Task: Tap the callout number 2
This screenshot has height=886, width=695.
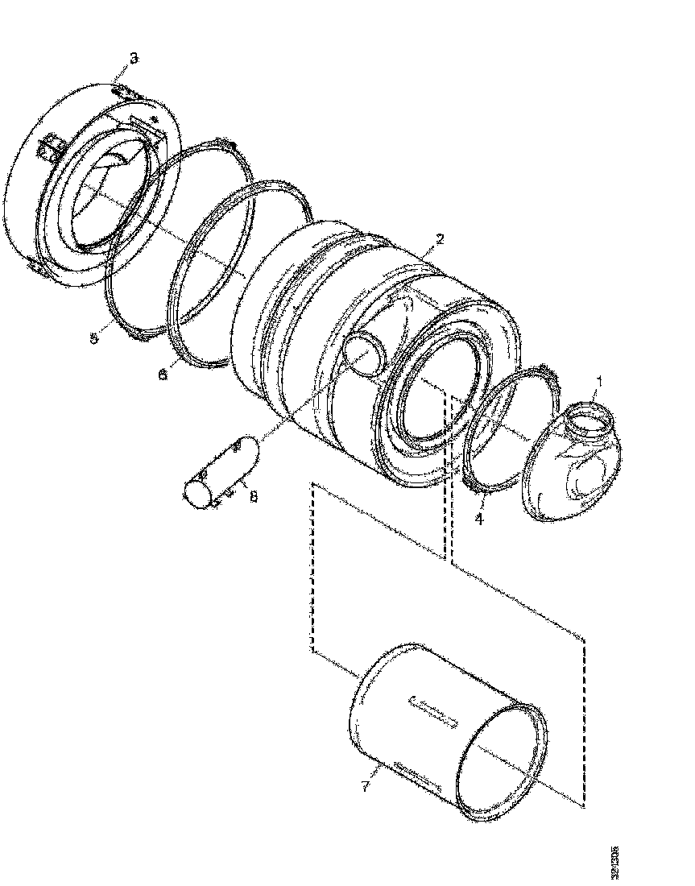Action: click(439, 239)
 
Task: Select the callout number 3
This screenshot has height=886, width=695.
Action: click(134, 57)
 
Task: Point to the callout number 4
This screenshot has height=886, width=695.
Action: click(479, 519)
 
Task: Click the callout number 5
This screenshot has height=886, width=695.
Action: click(94, 338)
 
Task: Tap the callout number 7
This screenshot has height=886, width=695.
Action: click(366, 785)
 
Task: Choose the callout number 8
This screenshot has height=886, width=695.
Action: click(253, 497)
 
